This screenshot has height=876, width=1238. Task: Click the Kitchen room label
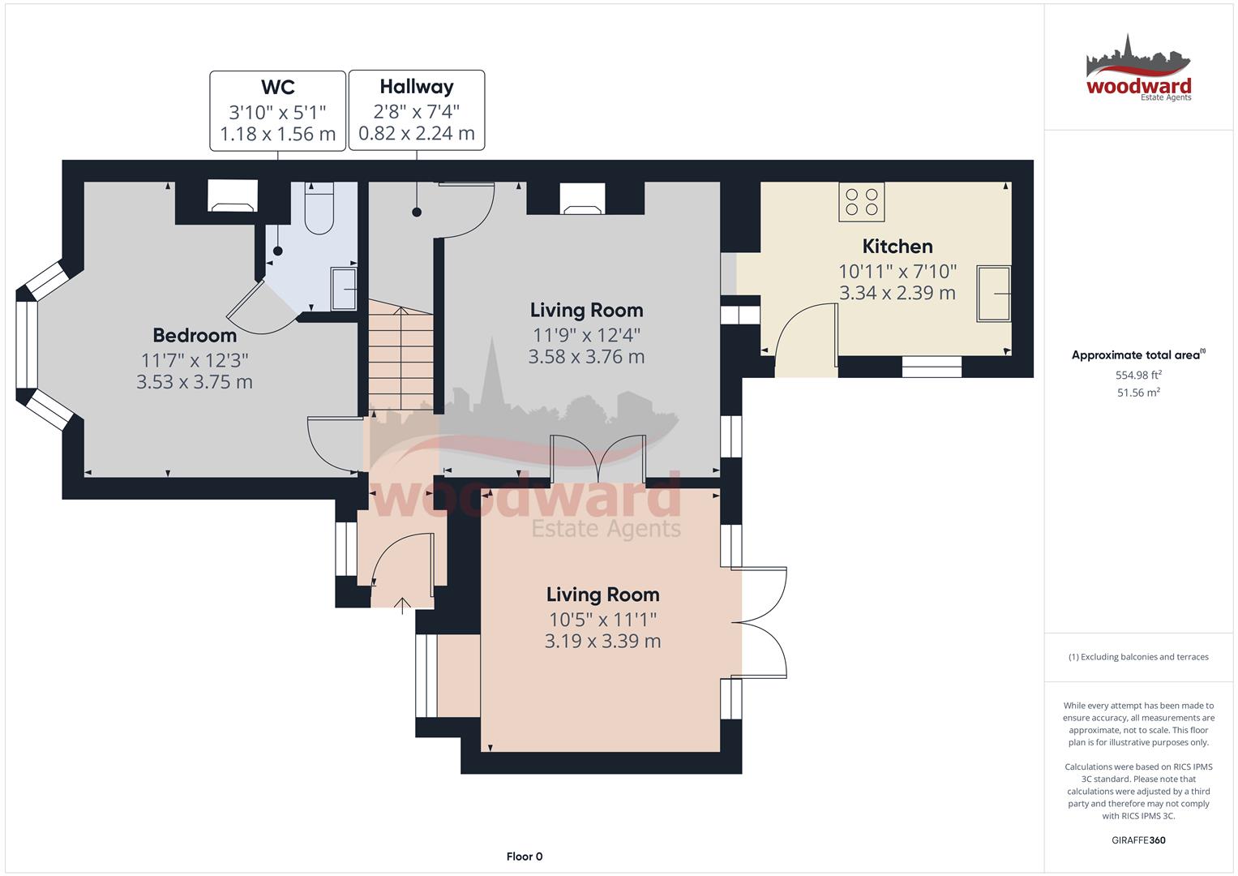(x=897, y=246)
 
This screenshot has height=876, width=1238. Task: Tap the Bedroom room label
(x=195, y=335)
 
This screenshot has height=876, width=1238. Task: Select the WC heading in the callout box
(x=277, y=88)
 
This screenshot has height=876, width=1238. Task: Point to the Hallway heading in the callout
(x=416, y=88)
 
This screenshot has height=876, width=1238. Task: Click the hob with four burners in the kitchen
(x=861, y=202)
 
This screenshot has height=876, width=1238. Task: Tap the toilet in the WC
(x=319, y=208)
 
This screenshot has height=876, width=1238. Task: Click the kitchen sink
(x=993, y=293)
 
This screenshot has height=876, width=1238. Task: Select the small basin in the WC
(x=344, y=289)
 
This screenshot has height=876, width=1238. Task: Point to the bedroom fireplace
(x=233, y=195)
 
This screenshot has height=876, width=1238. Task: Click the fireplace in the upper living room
(x=583, y=199)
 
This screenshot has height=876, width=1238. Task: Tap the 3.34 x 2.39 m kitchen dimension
(x=897, y=293)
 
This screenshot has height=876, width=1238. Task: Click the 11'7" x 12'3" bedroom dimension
(x=195, y=361)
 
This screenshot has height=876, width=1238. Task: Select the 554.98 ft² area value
(x=1138, y=375)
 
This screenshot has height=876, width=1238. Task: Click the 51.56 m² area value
(x=1138, y=393)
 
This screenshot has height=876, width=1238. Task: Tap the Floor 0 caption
(x=525, y=857)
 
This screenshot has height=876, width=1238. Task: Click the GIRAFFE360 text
(x=1138, y=840)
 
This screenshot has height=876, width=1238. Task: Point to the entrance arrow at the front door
(x=402, y=606)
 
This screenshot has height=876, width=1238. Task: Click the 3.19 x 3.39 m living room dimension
(x=602, y=641)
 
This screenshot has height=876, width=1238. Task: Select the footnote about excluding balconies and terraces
(x=1138, y=657)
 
